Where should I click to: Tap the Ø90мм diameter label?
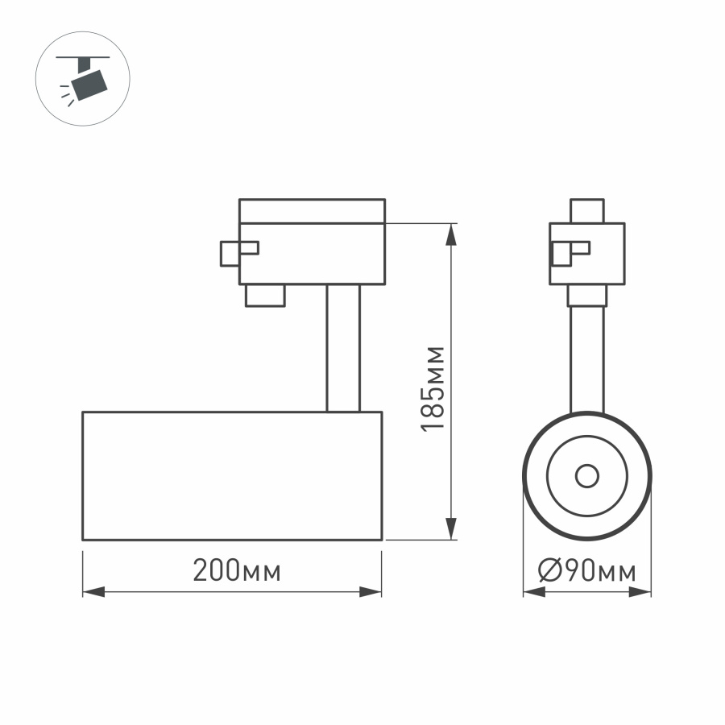[x=587, y=571]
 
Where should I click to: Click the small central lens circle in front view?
[x=586, y=476]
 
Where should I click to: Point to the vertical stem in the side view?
[x=343, y=348]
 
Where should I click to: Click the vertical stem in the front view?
[x=586, y=358]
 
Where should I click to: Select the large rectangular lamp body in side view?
[x=232, y=475]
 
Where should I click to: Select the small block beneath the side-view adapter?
[x=265, y=295]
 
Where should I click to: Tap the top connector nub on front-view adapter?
[x=586, y=211]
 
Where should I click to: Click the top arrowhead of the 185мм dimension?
[x=453, y=234]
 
